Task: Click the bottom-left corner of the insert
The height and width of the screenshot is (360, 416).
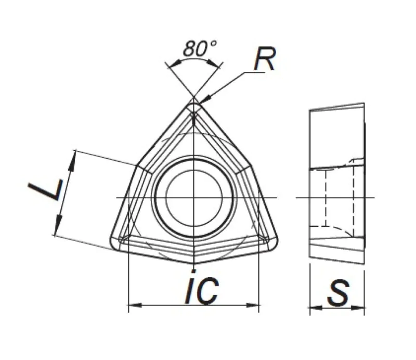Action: point(115,245)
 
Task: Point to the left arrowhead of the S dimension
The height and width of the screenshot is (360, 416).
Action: point(313,308)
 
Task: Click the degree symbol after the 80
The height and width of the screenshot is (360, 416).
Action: point(213,43)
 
